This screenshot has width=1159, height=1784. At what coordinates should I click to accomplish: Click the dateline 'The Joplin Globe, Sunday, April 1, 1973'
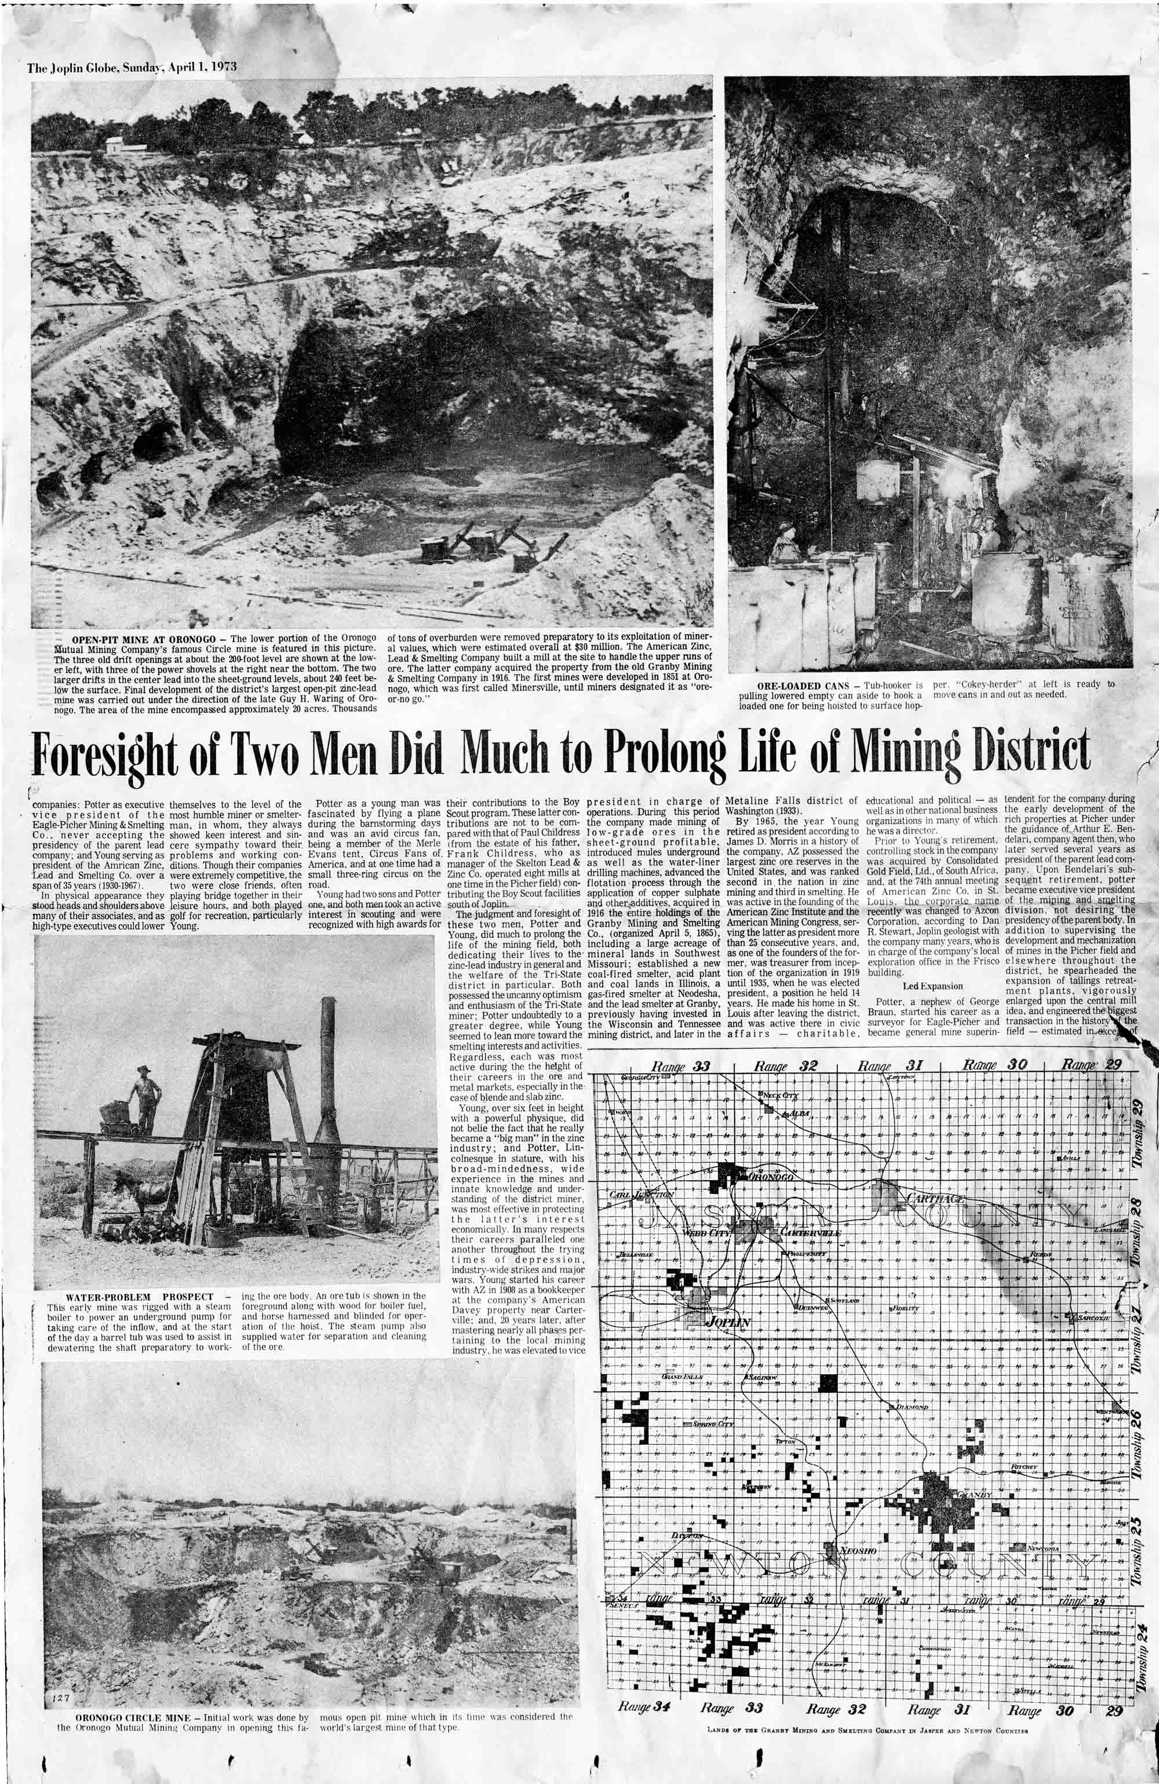coord(132,67)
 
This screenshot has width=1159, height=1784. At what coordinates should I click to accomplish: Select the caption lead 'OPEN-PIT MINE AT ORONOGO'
coord(139,638)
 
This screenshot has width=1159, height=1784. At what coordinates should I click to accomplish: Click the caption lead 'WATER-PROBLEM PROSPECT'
coord(140,1296)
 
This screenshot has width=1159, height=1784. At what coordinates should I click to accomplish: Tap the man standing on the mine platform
coord(146,1098)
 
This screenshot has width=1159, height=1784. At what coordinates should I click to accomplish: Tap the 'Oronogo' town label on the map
coord(771,1178)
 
